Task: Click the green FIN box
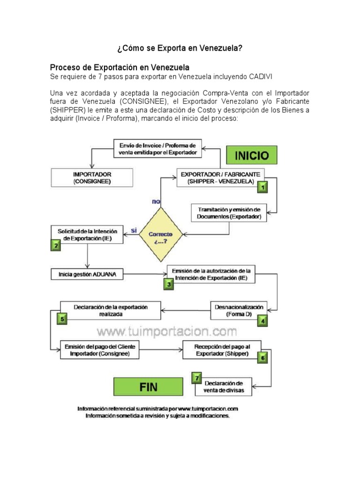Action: [148, 387]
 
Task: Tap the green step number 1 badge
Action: [263, 187]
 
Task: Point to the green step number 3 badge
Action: [168, 283]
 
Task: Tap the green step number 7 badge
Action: [197, 377]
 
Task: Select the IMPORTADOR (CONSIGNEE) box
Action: [92, 178]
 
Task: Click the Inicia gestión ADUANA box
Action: [91, 273]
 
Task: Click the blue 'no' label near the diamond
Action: [156, 202]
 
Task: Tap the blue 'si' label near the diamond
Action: [134, 231]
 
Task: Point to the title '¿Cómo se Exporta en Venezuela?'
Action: [180, 48]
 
